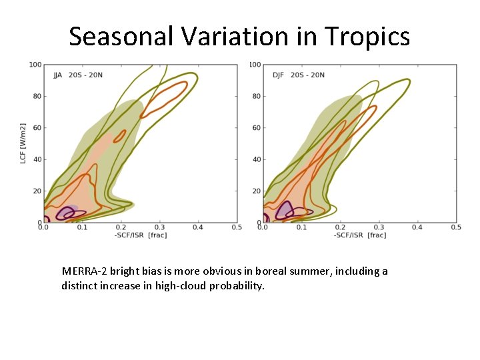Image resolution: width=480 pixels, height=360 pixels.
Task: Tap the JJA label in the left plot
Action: [x=58, y=75]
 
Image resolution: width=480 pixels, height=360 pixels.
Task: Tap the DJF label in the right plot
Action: [x=278, y=75]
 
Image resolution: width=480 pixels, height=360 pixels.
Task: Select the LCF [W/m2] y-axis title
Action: [x=23, y=143]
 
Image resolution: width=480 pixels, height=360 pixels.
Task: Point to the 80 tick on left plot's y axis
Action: [x=37, y=96]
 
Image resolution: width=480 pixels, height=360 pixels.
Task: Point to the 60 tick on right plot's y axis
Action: [x=257, y=127]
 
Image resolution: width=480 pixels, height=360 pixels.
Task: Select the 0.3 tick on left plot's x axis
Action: [x=159, y=227]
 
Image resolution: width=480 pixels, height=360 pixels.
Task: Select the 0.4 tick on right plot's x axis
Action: [x=417, y=227]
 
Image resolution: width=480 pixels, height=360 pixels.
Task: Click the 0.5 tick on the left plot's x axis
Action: [x=237, y=227]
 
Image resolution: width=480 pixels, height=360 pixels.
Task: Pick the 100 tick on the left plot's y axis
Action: [x=35, y=65]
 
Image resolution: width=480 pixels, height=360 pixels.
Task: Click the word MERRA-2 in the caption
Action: [x=84, y=271]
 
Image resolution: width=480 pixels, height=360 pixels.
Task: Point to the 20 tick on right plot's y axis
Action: [x=257, y=191]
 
